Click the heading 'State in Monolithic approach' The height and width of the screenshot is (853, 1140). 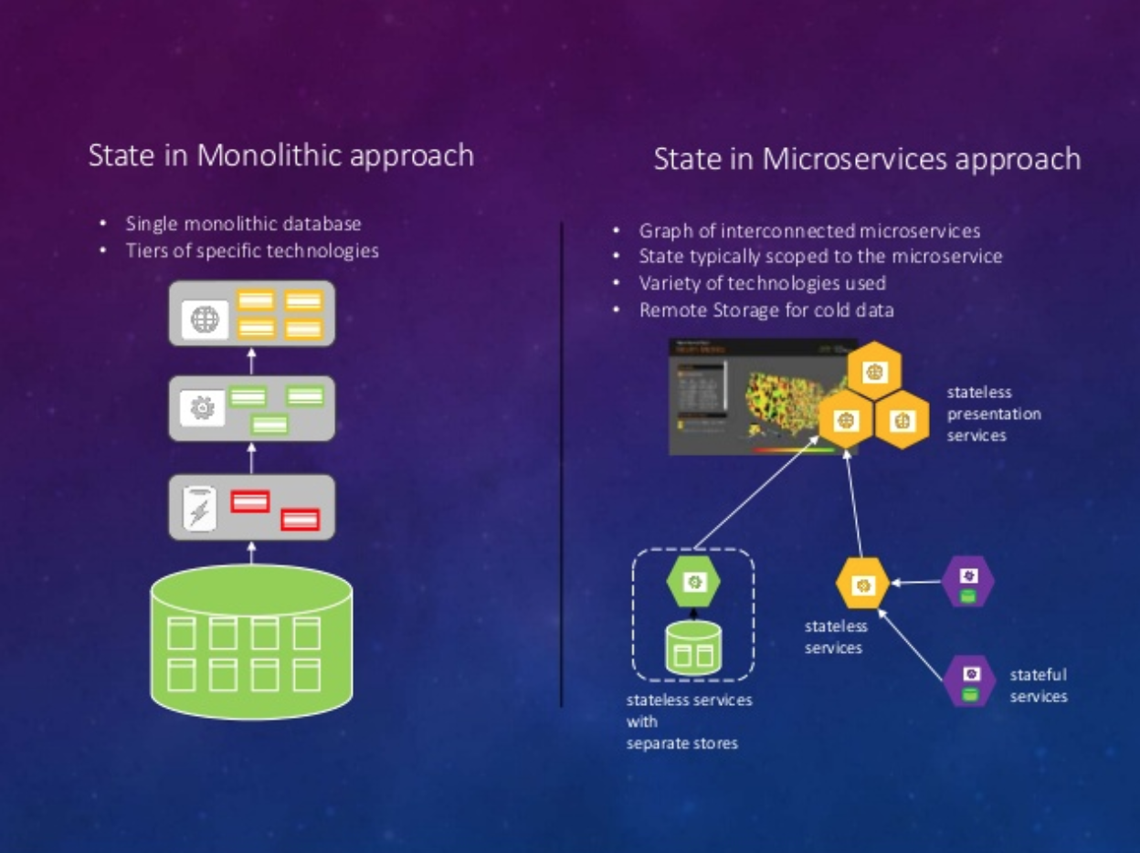tap(280, 155)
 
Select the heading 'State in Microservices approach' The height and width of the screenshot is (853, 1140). tap(866, 159)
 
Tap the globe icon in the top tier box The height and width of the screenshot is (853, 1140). tap(205, 320)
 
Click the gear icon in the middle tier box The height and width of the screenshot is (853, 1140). tap(202, 409)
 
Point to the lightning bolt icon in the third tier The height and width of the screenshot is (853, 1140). tap(198, 509)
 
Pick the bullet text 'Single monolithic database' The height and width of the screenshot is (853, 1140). tap(243, 224)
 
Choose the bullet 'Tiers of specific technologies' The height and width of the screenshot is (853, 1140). tap(252, 250)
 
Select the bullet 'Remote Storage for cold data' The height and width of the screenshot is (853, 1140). tap(765, 310)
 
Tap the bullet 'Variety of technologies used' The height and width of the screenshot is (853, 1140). tap(762, 283)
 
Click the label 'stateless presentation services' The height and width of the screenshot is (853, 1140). tap(993, 414)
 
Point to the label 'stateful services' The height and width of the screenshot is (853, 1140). tap(1038, 686)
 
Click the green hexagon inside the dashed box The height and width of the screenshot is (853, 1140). tap(693, 581)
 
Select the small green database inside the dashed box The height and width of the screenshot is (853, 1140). tap(693, 648)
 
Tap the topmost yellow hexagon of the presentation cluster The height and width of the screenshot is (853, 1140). tap(874, 371)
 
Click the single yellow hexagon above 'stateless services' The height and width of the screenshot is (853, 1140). tap(862, 584)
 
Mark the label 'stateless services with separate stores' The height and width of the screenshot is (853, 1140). tap(689, 721)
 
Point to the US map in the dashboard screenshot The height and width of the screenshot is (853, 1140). tap(776, 402)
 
